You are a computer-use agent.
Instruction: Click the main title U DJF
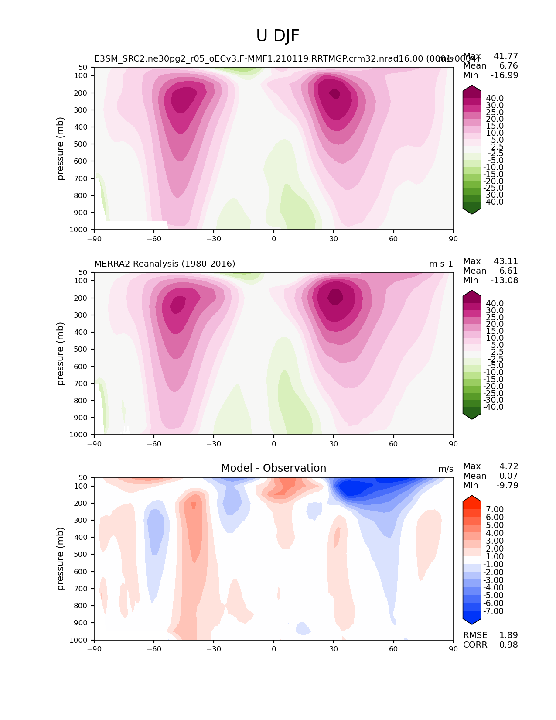(x=278, y=36)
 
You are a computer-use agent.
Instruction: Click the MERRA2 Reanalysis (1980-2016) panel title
(x=164, y=264)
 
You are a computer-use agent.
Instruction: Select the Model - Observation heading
(x=273, y=468)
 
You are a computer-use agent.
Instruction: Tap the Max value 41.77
(x=506, y=56)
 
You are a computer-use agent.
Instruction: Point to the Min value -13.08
(x=505, y=280)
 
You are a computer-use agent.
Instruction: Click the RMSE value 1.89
(x=508, y=635)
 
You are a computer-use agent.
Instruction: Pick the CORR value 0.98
(x=508, y=645)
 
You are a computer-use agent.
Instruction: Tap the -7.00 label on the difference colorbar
(x=493, y=611)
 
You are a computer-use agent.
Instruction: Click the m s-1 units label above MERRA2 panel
(x=441, y=264)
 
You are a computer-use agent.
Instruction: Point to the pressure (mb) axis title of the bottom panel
(x=61, y=559)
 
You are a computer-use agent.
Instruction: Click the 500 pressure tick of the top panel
(x=82, y=144)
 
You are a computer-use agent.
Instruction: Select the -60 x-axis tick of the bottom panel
(x=154, y=649)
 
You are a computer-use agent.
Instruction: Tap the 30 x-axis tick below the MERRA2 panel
(x=334, y=444)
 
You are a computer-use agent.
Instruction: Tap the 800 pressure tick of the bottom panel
(x=82, y=606)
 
